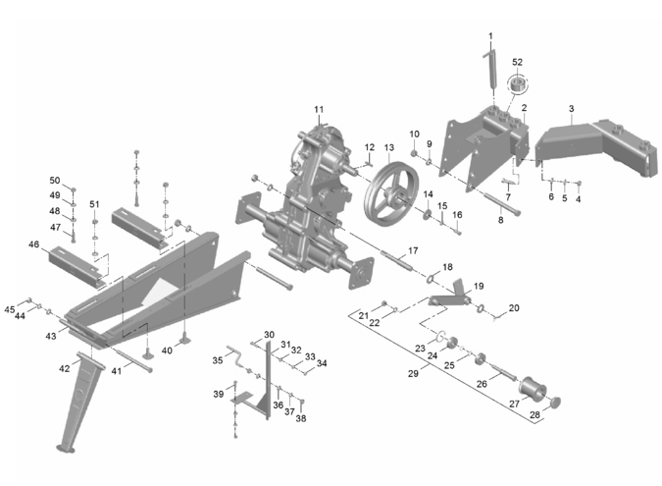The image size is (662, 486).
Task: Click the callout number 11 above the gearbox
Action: tap(318, 108)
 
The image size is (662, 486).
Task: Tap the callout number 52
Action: tap(517, 62)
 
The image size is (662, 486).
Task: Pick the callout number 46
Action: tap(33, 243)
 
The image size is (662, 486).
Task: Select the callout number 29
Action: tap(413, 373)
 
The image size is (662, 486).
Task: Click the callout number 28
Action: tap(535, 414)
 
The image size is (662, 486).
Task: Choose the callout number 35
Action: tap(218, 360)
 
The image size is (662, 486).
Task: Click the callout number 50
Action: tap(56, 180)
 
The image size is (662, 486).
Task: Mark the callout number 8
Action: tap(500, 220)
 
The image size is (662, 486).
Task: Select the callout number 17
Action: tap(413, 250)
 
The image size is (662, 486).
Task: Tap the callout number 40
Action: tap(167, 351)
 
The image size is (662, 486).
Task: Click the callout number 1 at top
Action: tap(490, 36)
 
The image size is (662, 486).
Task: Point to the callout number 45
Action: tap(10, 309)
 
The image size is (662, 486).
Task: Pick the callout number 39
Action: tap(219, 393)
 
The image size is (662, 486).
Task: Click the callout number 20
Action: tap(514, 307)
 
